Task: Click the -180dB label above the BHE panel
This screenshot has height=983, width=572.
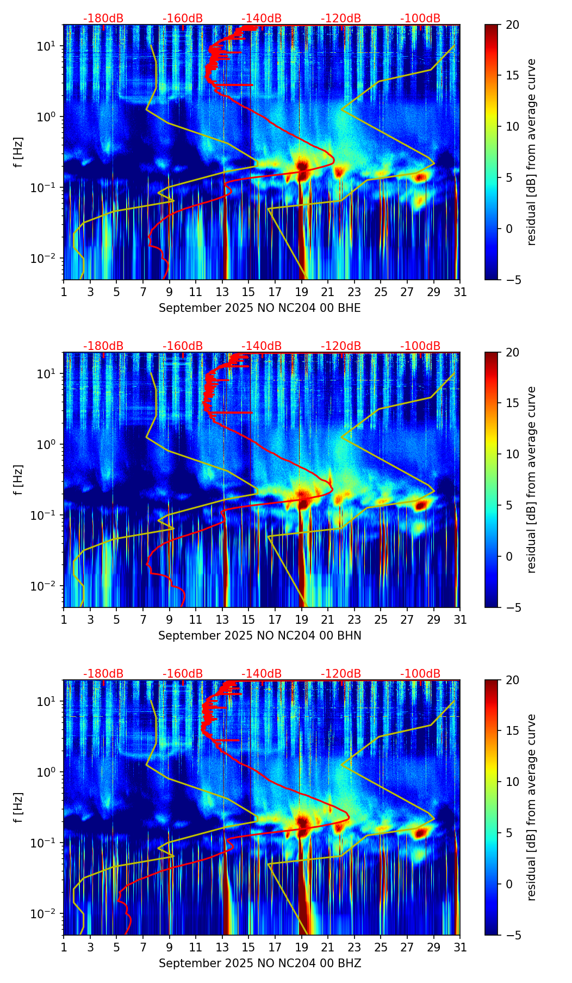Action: coord(103,19)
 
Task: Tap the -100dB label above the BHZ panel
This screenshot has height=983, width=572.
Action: coord(420,674)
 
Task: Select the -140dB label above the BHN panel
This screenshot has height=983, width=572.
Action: coord(262,346)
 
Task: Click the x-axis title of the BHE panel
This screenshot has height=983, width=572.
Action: coord(259,308)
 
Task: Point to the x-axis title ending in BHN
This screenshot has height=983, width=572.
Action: coord(259,636)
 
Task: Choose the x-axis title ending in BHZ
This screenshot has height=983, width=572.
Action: coord(259,963)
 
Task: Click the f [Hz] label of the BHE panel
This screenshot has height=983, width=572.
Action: coord(19,152)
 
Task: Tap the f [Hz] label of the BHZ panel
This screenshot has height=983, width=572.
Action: coord(19,808)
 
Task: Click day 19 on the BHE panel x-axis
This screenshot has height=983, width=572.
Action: coord(302,292)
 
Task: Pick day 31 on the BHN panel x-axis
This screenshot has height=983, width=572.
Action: coord(460,620)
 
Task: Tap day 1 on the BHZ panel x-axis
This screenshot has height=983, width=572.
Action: coord(64,948)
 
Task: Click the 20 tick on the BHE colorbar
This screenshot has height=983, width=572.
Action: coord(512,25)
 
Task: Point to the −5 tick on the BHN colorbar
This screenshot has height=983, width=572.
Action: coord(512,607)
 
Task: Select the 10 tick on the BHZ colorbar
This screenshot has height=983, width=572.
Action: coord(512,782)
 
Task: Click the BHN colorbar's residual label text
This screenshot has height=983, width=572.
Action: coord(532,480)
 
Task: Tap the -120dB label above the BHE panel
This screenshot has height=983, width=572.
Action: coord(341,19)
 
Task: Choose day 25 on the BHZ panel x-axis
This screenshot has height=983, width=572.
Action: coord(381,948)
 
